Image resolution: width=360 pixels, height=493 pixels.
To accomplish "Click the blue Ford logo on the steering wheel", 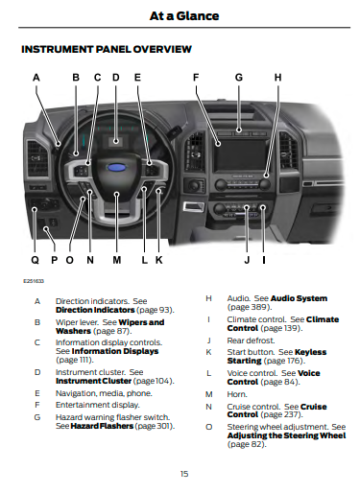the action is click(116, 168).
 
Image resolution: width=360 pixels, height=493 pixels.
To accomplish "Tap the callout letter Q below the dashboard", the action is click(35, 260).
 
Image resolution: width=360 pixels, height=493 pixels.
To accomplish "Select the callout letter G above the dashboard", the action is click(239, 78).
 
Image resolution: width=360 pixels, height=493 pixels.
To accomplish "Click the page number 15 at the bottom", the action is click(184, 474).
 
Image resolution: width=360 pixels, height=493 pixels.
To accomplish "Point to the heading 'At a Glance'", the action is click(184, 15).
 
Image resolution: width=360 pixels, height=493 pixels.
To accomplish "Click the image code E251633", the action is click(34, 281).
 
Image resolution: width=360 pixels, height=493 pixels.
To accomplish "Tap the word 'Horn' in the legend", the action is click(237, 394).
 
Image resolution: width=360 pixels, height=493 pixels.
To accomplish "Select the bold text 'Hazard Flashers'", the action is click(102, 426).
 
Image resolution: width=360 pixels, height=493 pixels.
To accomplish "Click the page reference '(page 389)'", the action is click(250, 307).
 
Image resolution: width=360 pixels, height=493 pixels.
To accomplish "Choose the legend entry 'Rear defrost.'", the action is click(251, 340).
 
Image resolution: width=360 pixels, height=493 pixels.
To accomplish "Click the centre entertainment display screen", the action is click(240, 154).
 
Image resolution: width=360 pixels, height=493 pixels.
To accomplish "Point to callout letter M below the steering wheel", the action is click(117, 260).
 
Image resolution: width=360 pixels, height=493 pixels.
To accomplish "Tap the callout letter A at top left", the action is click(36, 78).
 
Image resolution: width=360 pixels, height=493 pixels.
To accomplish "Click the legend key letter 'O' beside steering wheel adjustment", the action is click(208, 427).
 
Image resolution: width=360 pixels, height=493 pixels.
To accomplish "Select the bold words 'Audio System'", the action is click(299, 298).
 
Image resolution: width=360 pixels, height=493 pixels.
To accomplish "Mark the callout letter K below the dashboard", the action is click(159, 260).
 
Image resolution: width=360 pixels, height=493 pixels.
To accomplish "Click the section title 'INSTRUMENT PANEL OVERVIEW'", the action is click(107, 49).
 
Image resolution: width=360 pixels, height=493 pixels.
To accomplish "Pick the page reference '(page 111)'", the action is click(75, 360).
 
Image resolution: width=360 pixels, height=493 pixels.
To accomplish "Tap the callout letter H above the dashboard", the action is click(277, 78).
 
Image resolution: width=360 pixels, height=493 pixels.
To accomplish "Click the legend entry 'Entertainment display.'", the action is click(98, 405).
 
